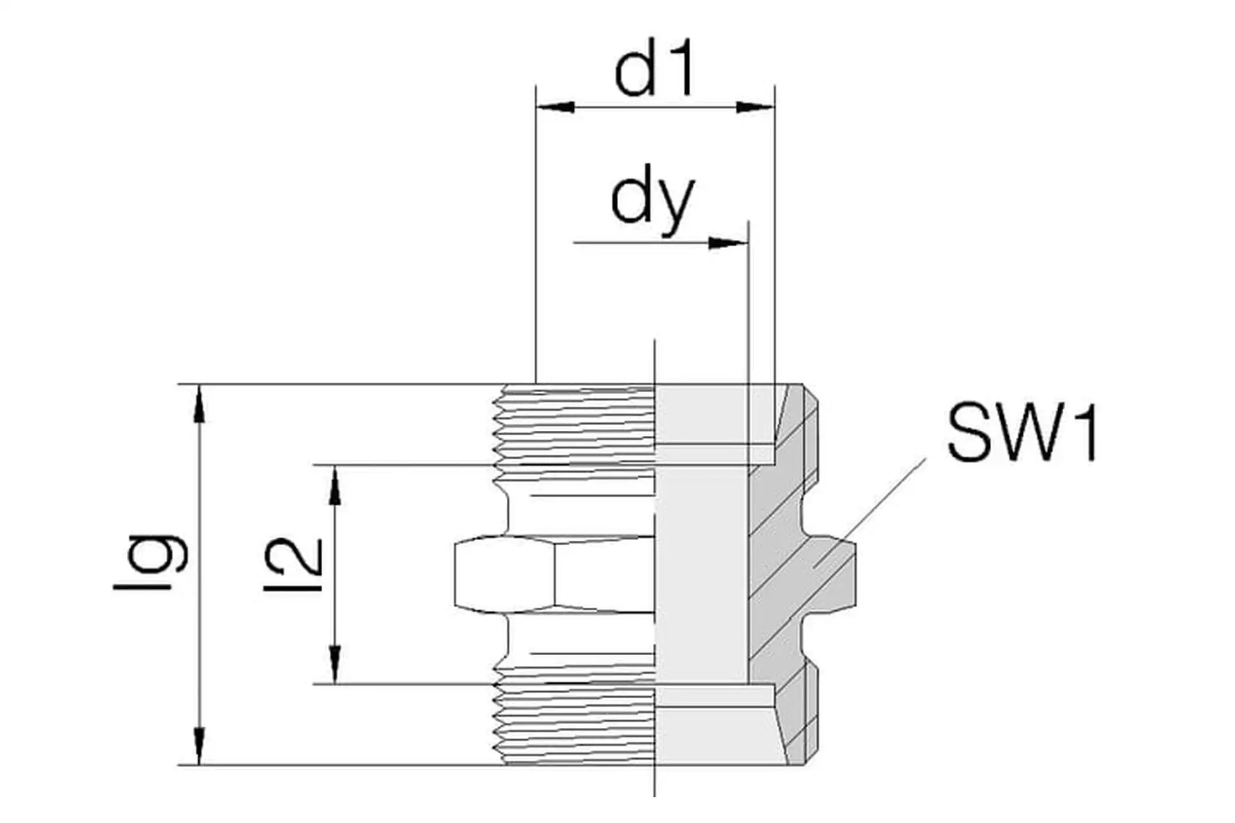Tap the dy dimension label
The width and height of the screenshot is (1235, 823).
652,201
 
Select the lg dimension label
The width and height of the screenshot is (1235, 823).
151,559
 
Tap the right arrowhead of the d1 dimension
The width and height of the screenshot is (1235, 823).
755,107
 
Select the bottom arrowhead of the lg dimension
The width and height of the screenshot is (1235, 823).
200,746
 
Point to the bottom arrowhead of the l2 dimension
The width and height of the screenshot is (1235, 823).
334,665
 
